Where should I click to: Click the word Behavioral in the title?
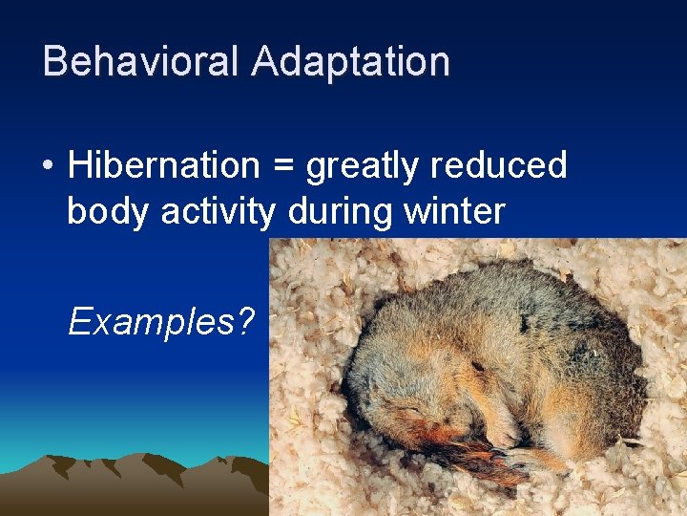(142, 61)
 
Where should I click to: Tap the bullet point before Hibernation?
(48, 166)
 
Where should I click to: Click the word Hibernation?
(163, 165)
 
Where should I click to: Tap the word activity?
(218, 211)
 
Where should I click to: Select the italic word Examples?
(149, 323)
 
